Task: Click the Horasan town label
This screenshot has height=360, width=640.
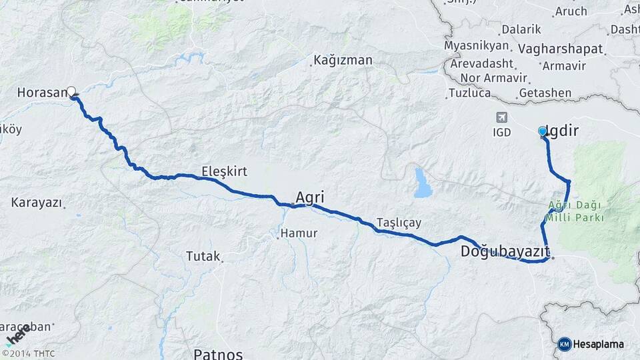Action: tap(40, 93)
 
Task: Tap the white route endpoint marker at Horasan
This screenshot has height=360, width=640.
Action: tap(71, 91)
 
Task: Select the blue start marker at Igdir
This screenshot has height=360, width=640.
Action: tap(543, 131)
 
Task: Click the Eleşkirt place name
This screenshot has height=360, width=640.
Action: tap(224, 171)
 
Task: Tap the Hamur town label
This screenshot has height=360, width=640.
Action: tap(299, 233)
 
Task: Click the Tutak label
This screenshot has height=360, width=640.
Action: tap(203, 255)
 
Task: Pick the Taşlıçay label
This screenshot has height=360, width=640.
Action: tap(399, 222)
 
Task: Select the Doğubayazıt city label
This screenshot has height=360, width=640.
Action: tap(505, 251)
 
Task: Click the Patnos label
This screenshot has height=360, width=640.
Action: tap(218, 353)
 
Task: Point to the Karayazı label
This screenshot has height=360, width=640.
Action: tap(36, 201)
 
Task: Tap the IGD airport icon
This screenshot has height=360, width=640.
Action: tap(501, 117)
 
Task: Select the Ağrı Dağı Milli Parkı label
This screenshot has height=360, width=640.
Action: tap(577, 211)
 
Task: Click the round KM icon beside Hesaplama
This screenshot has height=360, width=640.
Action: tap(565, 344)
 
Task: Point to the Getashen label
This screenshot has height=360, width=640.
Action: tap(545, 93)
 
